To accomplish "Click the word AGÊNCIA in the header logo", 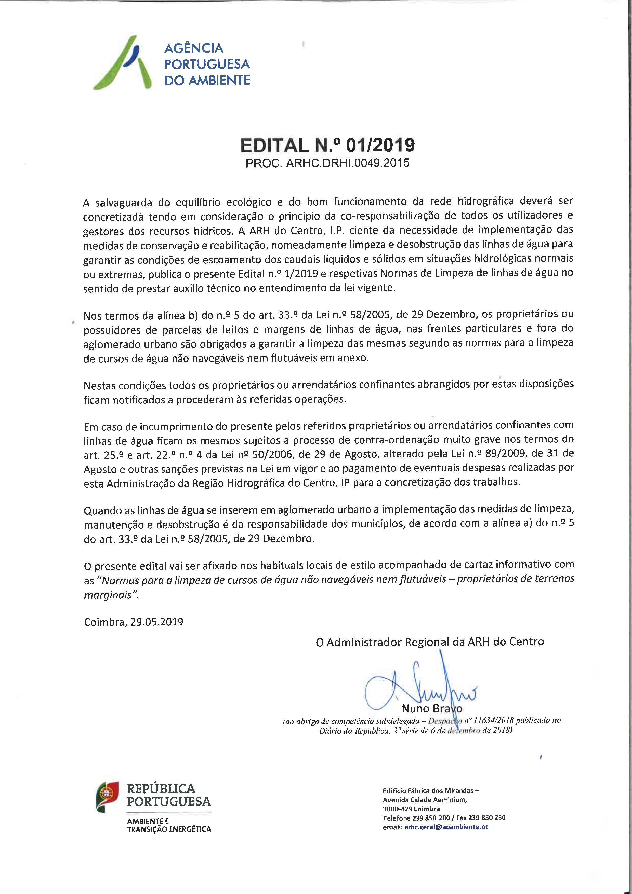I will [193, 48].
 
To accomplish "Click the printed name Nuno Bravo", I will [432, 708].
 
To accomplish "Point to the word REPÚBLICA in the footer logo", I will [161, 789].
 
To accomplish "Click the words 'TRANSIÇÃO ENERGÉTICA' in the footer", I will [169, 829].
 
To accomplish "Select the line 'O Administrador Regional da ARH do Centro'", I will [430, 642].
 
